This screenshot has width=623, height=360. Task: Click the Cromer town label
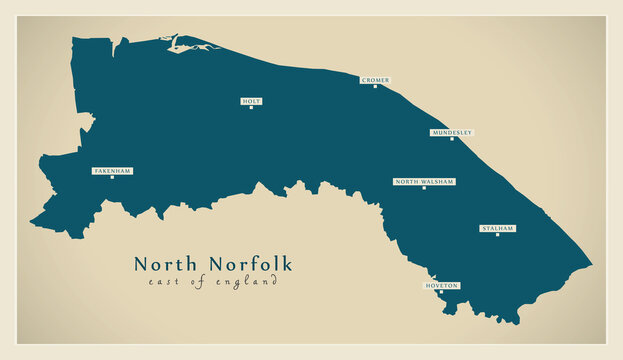coord(375,79)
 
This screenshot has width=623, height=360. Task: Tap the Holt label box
coord(251,100)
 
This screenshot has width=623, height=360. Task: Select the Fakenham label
coord(112,171)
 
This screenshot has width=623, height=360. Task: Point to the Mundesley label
coord(451,132)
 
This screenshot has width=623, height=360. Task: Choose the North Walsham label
coord(424,181)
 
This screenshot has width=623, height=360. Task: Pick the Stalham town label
coord(497,228)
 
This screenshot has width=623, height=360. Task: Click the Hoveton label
coord(441,285)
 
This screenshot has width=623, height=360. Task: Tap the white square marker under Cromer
coord(376,87)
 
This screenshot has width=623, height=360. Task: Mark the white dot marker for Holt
coord(251,108)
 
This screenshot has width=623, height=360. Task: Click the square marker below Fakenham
coord(112,179)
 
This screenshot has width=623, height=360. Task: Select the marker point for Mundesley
coord(452,139)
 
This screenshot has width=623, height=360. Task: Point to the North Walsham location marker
coord(424,189)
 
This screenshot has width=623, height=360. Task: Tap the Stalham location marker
coord(497,236)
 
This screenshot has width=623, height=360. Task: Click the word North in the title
coord(168,264)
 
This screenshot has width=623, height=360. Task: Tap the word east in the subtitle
coord(161,282)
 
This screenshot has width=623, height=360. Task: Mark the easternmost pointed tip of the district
coord(591,266)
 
